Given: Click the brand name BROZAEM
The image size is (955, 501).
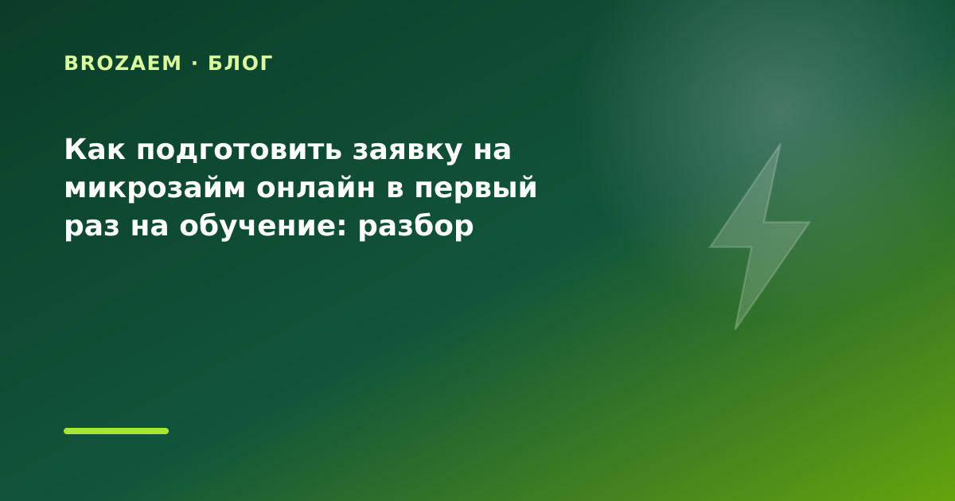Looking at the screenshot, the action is click(x=123, y=64).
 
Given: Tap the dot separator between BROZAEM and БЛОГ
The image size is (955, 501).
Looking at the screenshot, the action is click(x=195, y=64).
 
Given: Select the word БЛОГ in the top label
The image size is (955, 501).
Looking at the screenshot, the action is click(x=240, y=64).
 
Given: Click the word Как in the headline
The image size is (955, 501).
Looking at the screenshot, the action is click(x=95, y=150).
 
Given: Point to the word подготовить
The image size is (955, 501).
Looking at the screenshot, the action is click(x=240, y=151).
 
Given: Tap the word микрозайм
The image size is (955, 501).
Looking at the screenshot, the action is click(x=154, y=188).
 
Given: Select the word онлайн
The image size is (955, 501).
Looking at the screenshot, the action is click(x=316, y=188).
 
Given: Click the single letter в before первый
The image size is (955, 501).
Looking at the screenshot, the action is click(x=396, y=189).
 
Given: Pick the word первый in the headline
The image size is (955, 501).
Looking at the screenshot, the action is click(x=475, y=188).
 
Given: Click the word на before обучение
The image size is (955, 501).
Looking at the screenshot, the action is click(x=150, y=227).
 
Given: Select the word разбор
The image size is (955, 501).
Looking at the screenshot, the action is click(x=415, y=226).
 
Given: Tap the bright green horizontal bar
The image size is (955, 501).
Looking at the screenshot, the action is click(x=116, y=431).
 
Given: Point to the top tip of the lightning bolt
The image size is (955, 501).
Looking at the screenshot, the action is click(x=780, y=144).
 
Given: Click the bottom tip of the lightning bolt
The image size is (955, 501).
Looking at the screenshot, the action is click(x=735, y=329).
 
